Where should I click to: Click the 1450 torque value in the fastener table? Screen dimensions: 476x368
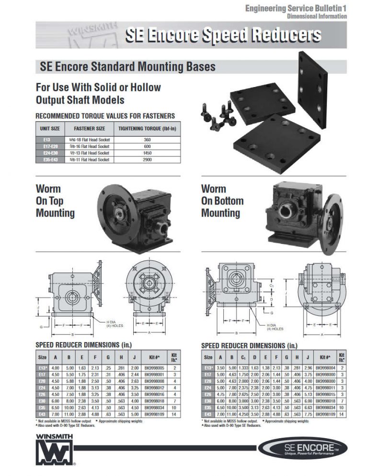147,153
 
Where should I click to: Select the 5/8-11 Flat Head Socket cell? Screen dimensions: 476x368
89,159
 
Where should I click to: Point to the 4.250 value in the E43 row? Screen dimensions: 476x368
244,412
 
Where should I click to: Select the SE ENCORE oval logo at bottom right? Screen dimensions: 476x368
302,448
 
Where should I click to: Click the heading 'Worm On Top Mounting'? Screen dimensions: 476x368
56,201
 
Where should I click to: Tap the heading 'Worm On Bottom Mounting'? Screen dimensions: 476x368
222,201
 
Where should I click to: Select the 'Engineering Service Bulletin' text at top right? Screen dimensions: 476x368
296,8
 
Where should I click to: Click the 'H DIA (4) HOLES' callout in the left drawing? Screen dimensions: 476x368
114,324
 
